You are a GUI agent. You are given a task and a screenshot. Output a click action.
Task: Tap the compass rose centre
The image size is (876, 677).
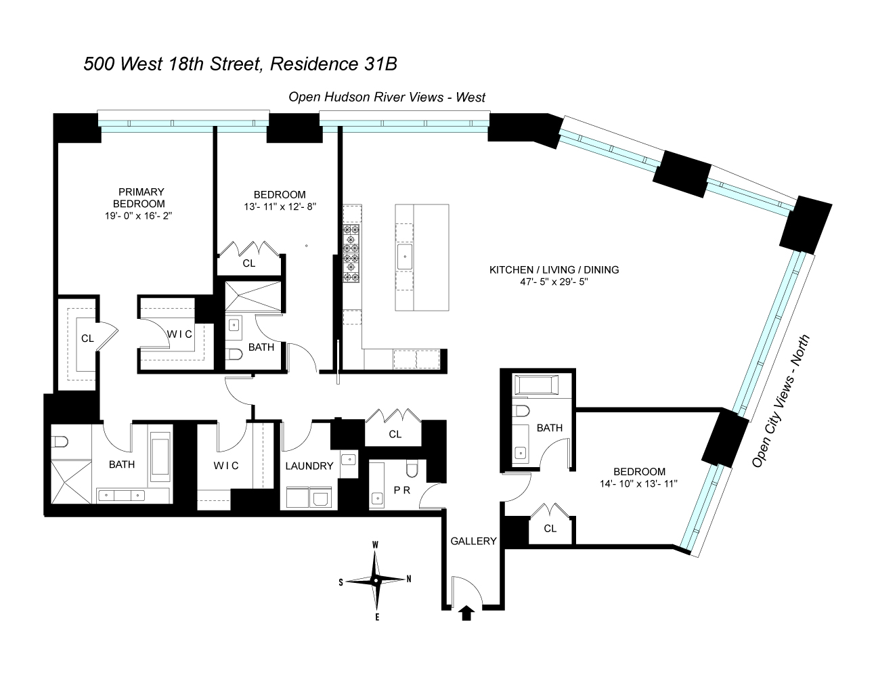[375, 581]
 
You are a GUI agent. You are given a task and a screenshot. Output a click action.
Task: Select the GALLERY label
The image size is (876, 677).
[473, 541]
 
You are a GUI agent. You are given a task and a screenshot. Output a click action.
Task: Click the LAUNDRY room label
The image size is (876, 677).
[309, 466]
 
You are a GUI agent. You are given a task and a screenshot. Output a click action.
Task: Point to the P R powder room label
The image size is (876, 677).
[401, 490]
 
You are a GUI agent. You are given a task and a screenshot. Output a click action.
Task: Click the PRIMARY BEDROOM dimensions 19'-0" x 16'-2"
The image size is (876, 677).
[138, 216]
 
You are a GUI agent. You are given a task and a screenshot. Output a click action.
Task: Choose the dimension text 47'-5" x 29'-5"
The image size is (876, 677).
[554, 282]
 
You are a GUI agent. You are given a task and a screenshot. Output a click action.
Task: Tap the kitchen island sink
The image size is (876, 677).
[405, 257]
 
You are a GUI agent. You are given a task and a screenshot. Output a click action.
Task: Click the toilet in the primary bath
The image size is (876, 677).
[60, 441]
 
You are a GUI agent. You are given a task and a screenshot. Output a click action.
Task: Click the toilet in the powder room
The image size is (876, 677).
[412, 468]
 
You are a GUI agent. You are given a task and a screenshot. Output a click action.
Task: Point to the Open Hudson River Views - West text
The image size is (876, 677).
[387, 97]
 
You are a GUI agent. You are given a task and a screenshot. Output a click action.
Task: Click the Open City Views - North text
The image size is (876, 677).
[781, 401]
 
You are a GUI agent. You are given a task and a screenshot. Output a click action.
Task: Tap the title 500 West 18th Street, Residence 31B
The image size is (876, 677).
[240, 64]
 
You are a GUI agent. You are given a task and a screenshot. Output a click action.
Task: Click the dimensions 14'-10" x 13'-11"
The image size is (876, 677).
[638, 483]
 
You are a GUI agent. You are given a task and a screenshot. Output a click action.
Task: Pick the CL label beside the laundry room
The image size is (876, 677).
[395, 434]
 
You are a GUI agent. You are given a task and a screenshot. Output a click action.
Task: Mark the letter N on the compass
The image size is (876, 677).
[409, 579]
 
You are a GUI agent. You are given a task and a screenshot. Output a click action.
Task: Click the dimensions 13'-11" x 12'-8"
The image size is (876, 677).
[280, 207]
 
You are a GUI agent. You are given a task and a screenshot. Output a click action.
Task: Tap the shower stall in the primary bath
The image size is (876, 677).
[71, 482]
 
